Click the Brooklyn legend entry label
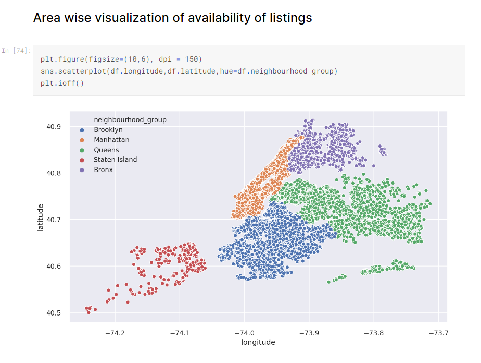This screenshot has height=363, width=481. pyautogui.click(x=108, y=130)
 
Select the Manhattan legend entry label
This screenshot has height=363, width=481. pyautogui.click(x=111, y=140)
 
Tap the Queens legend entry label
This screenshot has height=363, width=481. pyautogui.click(x=106, y=150)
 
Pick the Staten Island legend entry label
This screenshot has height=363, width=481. pyautogui.click(x=115, y=160)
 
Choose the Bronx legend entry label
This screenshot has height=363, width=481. pyautogui.click(x=103, y=170)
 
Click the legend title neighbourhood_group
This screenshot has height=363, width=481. pyautogui.click(x=130, y=120)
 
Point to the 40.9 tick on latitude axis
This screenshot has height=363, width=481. pyautogui.click(x=54, y=127)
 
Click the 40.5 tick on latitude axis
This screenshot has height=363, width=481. pyautogui.click(x=54, y=313)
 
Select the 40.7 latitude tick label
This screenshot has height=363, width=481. pyautogui.click(x=54, y=220)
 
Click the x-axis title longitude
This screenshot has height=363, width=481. pyautogui.click(x=258, y=342)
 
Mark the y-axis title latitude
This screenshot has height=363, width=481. pyautogui.click(x=41, y=220)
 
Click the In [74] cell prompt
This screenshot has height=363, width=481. pyautogui.click(x=16, y=51)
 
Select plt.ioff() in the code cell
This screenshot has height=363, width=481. pyautogui.click(x=62, y=82)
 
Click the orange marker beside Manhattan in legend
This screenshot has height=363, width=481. pyautogui.click(x=81, y=140)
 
